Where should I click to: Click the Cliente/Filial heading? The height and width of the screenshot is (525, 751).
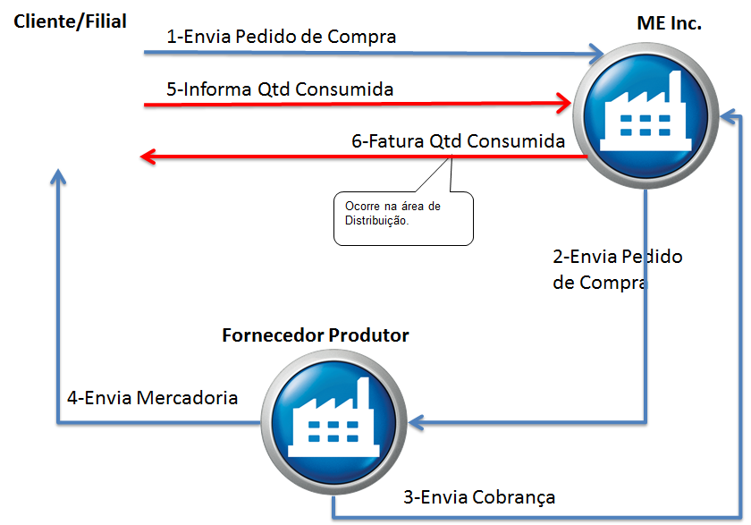coord(70,21)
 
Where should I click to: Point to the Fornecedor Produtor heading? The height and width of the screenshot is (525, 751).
coord(315,335)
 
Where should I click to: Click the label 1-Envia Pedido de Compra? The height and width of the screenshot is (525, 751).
coord(282,37)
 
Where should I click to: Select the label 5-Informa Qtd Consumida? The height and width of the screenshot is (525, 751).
coord(280,89)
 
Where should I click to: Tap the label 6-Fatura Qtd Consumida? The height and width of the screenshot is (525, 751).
coord(458,141)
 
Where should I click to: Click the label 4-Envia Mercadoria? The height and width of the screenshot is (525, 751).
coord(152,397)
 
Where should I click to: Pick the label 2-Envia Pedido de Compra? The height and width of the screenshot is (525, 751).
coord(617,269)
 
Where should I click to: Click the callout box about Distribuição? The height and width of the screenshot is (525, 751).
coord(403,217)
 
